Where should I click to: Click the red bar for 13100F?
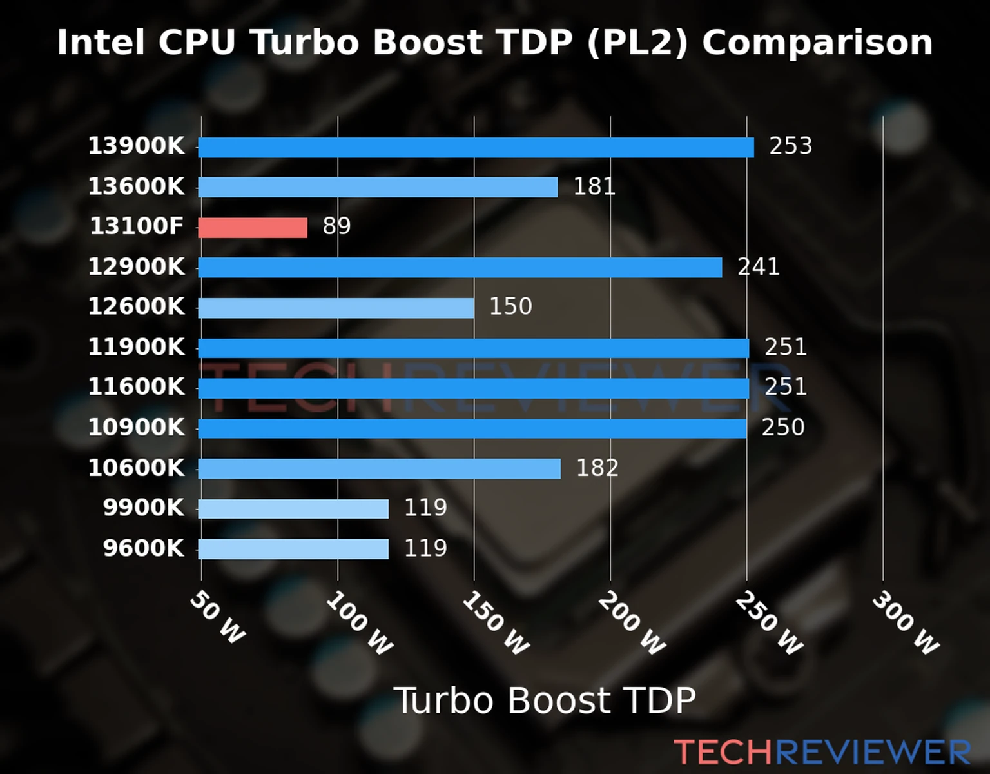pos(253,228)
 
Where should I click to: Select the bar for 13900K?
pos(476,147)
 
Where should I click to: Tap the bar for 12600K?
pos(336,308)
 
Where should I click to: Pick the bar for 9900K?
pos(293,508)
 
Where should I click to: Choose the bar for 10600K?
pos(379,468)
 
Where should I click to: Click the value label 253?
pos(790,146)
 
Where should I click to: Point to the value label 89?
pos(336,226)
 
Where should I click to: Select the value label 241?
pos(759,266)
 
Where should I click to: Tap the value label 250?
pos(783,427)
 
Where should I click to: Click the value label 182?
pos(597,468)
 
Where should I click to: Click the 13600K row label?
pos(136,186)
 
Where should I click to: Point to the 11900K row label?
pos(136,347)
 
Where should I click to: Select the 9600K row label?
pos(143,548)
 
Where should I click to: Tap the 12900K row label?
pos(136,266)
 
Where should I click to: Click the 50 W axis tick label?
pos(217,618)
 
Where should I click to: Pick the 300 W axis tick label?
pos(905,623)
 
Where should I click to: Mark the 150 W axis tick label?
pos(495,623)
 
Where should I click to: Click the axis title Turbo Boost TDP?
pos(545,700)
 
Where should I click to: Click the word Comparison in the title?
pos(817,43)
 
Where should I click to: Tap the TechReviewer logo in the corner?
pos(822,752)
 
